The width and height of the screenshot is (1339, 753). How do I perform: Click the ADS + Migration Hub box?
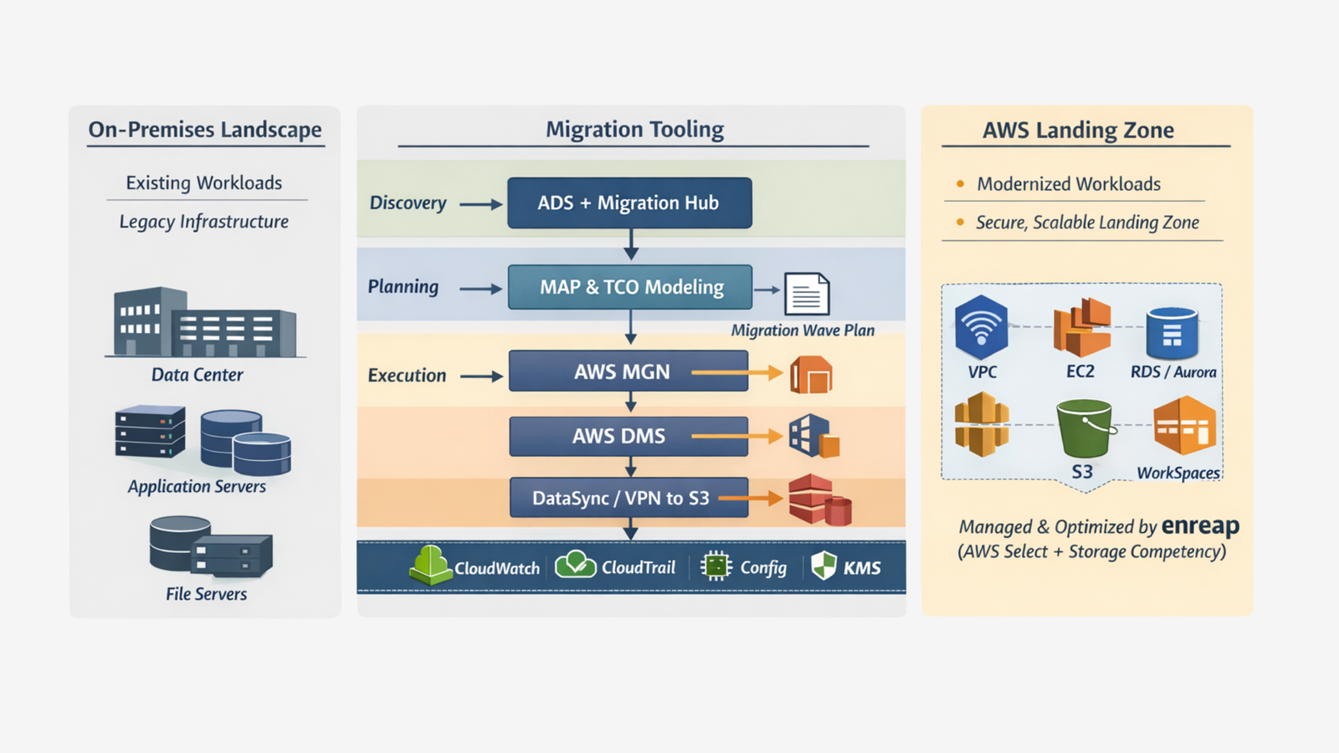(629, 203)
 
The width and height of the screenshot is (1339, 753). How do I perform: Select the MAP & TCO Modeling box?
(630, 287)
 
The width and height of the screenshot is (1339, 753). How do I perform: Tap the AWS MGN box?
(628, 371)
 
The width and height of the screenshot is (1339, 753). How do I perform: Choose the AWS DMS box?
(628, 436)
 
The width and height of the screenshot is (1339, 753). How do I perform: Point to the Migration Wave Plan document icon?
(807, 294)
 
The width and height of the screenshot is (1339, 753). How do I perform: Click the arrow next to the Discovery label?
(481, 204)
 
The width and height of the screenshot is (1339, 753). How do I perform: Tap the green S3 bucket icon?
(1084, 428)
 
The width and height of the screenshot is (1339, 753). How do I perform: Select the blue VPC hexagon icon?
(981, 327)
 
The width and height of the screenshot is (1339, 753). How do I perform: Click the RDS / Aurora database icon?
(1172, 332)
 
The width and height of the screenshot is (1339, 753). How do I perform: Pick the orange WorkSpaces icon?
(1184, 427)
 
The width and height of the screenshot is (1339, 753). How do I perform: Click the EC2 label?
(1080, 371)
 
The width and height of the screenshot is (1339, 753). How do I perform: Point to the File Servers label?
(206, 594)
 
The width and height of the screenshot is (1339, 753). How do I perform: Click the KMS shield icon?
(824, 566)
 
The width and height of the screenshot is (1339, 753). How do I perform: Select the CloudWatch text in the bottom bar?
(497, 568)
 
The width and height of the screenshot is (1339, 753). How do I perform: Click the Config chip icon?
(716, 566)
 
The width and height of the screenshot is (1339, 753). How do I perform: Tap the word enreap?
(1200, 525)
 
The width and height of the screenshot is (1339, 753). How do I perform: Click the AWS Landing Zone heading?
(1078, 131)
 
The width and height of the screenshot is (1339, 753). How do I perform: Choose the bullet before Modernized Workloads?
(960, 183)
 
